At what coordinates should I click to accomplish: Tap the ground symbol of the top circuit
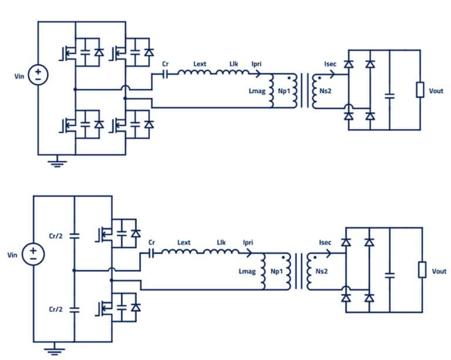pyautogui.click(x=56, y=163)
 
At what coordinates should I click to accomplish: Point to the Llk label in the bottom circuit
pyautogui.click(x=221, y=242)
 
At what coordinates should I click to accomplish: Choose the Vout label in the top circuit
pyautogui.click(x=436, y=91)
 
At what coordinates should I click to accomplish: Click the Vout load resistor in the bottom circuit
pyautogui.click(x=420, y=270)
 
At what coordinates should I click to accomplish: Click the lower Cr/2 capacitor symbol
pyautogui.click(x=74, y=308)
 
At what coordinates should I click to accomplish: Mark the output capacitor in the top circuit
pyautogui.click(x=389, y=93)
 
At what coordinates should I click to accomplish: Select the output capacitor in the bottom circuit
pyautogui.click(x=388, y=274)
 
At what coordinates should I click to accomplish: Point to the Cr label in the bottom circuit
pyautogui.click(x=152, y=242)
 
